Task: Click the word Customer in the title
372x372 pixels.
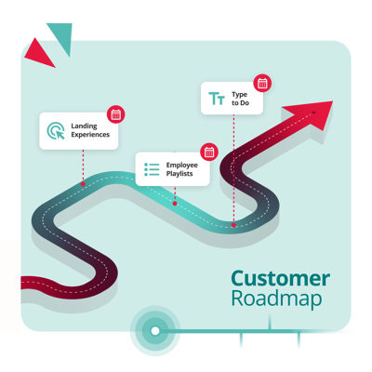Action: coord(280,278)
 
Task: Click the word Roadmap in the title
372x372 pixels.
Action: coord(276,299)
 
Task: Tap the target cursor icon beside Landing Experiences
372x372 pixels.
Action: coord(56,130)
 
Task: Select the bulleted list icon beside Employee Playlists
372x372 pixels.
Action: coord(152,169)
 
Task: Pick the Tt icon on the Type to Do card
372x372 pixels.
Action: coord(217,99)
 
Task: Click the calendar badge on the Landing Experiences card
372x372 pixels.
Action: coord(116,114)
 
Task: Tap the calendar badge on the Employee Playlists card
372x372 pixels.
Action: coord(209,152)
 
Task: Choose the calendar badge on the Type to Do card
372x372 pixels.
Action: coord(262,83)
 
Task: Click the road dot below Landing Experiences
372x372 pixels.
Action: coord(83,184)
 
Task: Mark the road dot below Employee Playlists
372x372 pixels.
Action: coord(175,204)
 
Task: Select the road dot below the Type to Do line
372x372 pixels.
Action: coord(233,225)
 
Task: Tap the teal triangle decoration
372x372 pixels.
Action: coord(63,35)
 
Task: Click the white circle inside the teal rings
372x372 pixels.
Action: coord(155,331)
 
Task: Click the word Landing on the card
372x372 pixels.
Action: coord(84,126)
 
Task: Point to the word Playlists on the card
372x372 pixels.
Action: coord(179,174)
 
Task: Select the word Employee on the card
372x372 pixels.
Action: coord(182,166)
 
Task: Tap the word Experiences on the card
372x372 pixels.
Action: coord(90,135)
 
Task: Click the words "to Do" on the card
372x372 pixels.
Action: coord(240,103)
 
